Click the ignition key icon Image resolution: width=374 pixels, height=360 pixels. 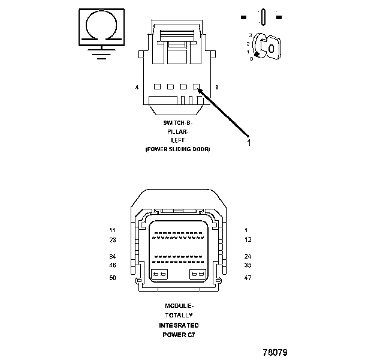click(267, 46)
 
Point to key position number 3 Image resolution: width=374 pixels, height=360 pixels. click(250, 36)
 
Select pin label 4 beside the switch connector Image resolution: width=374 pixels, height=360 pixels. click(137, 88)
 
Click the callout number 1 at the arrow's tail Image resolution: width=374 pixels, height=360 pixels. click(248, 143)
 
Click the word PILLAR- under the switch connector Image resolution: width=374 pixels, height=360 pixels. click(178, 131)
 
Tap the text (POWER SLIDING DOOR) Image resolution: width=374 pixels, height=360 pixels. click(178, 149)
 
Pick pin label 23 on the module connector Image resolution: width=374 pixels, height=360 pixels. click(112, 240)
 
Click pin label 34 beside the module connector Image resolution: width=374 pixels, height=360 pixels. click(112, 257)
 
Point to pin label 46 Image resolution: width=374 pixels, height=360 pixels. click(112, 265)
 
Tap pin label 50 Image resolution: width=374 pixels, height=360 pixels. click(112, 278)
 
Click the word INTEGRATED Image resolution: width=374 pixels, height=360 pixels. click(178, 325)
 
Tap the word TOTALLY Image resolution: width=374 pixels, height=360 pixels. click(178, 315)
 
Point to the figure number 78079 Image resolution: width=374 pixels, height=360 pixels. click(275, 352)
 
